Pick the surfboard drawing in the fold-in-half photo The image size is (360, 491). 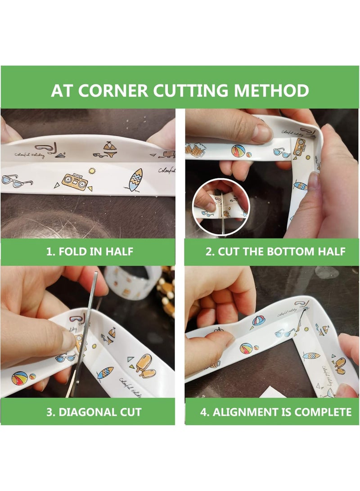coord(135,179)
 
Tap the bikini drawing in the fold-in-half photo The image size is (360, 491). coord(108,147)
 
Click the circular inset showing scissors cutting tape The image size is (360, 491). coord(220,207)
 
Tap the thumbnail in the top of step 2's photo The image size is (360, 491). coord(261,133)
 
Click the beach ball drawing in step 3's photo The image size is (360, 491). coord(20,378)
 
